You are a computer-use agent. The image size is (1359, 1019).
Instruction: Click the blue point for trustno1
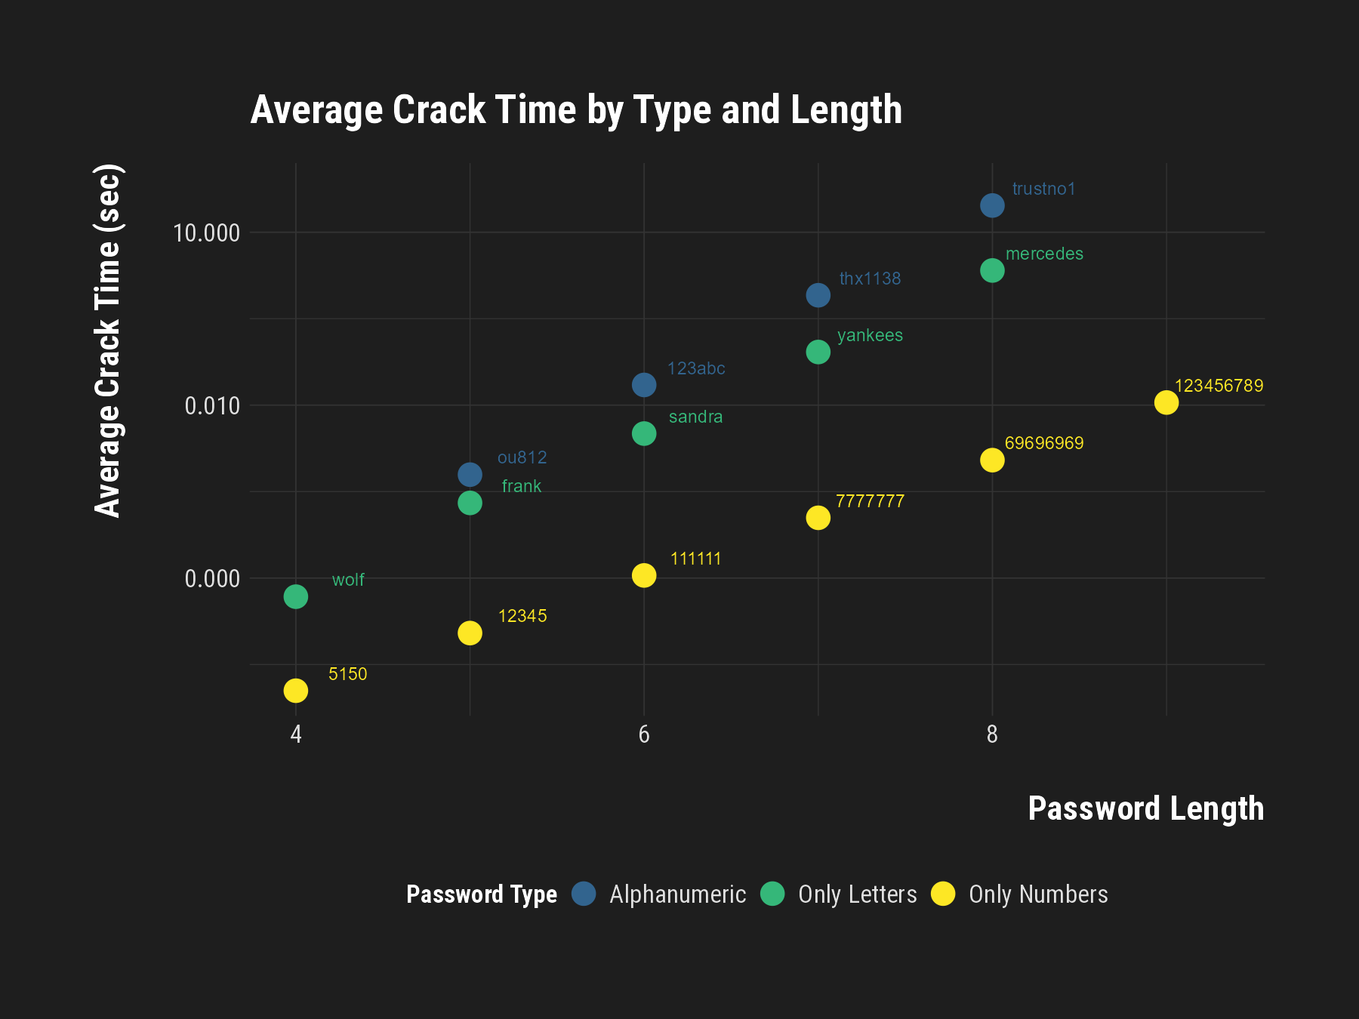992,205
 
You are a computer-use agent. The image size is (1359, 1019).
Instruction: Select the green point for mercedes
992,270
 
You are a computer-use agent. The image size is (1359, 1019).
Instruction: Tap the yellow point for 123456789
1166,402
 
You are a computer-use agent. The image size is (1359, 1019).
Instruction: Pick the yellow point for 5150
295,690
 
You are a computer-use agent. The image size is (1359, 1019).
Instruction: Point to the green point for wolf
295,596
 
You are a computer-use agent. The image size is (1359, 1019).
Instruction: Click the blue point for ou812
470,475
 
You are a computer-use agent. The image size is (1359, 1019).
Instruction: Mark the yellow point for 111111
643,575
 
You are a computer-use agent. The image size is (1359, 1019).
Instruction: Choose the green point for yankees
818,352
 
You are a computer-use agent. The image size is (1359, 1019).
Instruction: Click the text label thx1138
870,279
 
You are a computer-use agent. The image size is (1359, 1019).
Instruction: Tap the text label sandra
695,417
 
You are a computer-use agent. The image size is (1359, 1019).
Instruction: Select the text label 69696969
1043,443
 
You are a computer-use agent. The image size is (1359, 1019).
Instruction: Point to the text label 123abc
695,368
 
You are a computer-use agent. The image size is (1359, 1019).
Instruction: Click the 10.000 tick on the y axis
206,232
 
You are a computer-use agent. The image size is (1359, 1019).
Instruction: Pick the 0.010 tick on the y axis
212,405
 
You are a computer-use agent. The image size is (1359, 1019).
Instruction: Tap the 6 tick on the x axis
643,734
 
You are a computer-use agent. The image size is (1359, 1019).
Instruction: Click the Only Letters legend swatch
772,894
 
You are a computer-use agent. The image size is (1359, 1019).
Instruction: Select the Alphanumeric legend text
677,894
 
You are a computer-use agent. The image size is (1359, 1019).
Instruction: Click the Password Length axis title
1145,808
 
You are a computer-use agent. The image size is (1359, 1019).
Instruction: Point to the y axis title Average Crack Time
108,340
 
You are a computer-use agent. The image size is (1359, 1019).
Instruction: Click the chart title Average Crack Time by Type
576,110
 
